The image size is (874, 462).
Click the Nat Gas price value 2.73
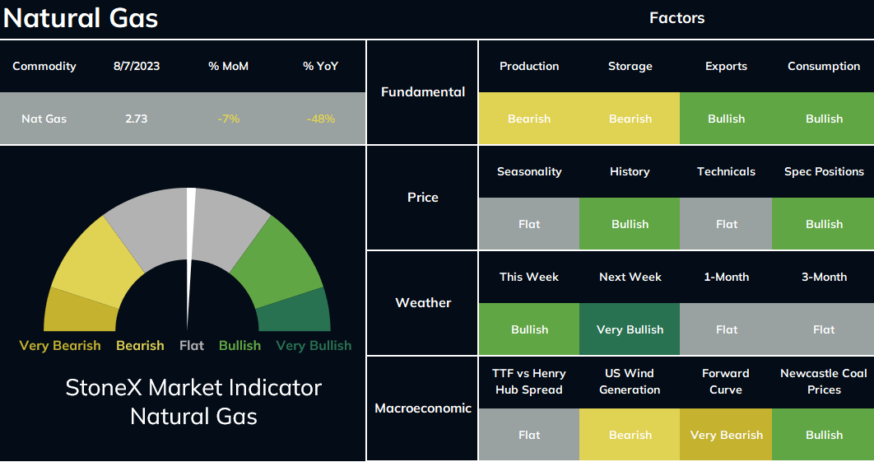point(136,119)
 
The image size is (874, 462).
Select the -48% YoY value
point(320,119)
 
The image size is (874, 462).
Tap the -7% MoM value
point(229,119)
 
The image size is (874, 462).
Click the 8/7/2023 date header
point(137,66)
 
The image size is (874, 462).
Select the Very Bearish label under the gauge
point(60,346)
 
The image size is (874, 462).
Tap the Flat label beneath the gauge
point(192,346)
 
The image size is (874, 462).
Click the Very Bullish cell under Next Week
point(630,329)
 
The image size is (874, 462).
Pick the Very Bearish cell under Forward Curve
point(726,435)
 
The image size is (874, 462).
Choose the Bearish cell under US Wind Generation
point(630,435)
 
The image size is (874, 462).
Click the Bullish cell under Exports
point(726,119)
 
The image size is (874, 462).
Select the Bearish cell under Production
point(529,119)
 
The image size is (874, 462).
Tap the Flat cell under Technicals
point(726,224)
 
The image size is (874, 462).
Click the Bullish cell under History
point(630,224)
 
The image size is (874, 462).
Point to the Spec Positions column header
point(824,171)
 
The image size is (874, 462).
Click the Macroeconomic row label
point(422,408)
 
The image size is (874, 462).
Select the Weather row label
point(423,302)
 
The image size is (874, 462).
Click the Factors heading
point(676,18)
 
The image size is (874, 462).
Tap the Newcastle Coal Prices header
point(824,381)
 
